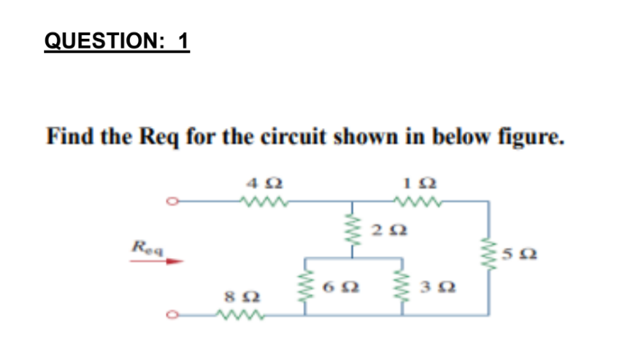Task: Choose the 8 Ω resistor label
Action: pos(235,298)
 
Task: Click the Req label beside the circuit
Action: pos(143,246)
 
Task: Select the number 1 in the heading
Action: pos(183,42)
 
